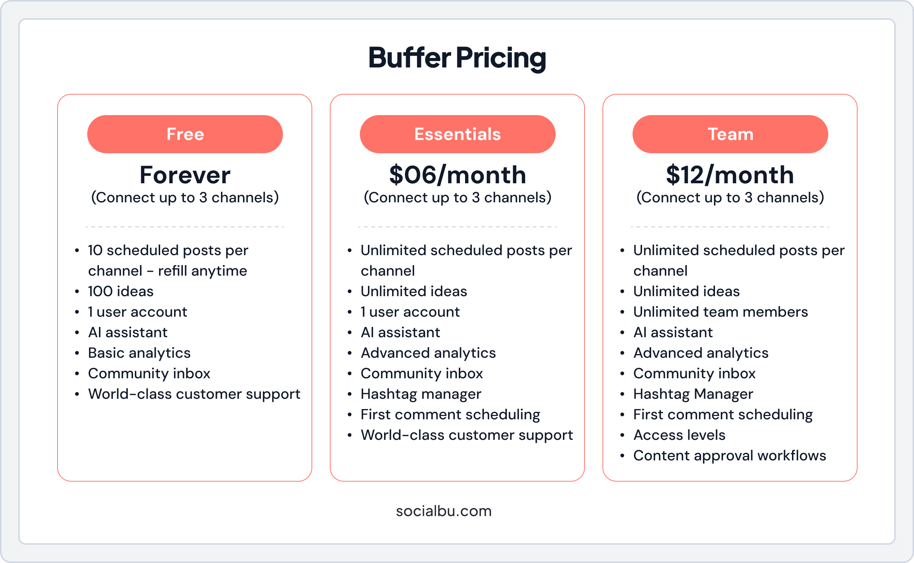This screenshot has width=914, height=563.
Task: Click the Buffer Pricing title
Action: click(457, 58)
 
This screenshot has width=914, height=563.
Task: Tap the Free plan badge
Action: click(185, 134)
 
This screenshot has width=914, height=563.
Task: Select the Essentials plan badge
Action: click(458, 134)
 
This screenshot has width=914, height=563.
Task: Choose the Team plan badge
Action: click(730, 134)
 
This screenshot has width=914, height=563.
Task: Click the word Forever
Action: click(185, 175)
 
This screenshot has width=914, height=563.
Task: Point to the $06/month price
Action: click(458, 175)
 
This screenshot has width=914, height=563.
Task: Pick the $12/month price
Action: click(730, 175)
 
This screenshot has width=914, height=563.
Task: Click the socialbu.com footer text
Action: click(444, 511)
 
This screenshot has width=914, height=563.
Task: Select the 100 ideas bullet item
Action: click(121, 291)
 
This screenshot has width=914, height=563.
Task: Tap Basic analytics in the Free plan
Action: click(139, 353)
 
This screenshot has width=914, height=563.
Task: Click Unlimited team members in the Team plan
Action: click(720, 312)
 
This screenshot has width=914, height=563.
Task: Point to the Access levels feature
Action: click(679, 435)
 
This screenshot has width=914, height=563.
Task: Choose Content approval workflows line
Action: click(729, 455)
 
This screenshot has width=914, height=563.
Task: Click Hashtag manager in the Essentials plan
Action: click(421, 394)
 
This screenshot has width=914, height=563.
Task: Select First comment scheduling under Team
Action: click(723, 415)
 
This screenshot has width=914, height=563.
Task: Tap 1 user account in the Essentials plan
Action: click(410, 312)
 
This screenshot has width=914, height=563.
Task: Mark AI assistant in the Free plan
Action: click(128, 332)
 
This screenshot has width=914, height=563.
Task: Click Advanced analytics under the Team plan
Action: click(701, 353)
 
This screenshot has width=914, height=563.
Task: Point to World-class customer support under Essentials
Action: click(467, 435)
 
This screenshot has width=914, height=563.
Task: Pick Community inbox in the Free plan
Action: click(149, 374)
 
